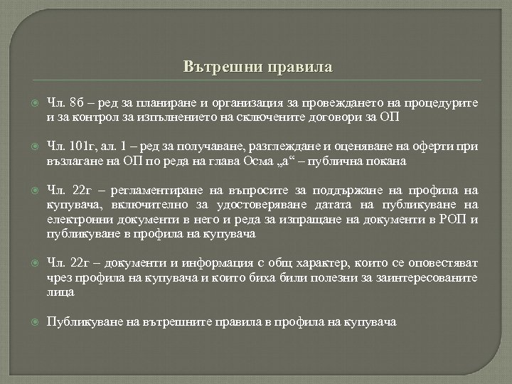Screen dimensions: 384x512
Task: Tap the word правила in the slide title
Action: coord(299,68)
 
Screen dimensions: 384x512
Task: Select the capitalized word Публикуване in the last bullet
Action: coord(79,321)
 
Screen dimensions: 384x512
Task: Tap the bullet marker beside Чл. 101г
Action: coord(29,147)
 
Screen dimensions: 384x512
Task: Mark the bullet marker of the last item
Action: coord(29,321)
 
